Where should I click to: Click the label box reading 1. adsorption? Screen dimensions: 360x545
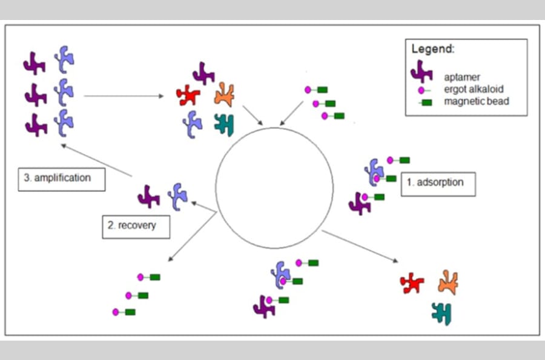pyautogui.click(x=438, y=184)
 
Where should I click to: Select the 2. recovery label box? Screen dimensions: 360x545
pyautogui.click(x=136, y=225)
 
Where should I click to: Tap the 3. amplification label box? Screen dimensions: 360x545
pyautogui.click(x=62, y=178)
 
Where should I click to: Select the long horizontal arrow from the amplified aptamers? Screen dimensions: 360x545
pyautogui.click(x=124, y=96)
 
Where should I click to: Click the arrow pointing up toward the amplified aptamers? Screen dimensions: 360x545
pyautogui.click(x=97, y=161)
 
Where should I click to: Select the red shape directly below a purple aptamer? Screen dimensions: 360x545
pyautogui.click(x=188, y=95)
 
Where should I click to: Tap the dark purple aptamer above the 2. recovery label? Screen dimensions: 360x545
pyautogui.click(x=148, y=196)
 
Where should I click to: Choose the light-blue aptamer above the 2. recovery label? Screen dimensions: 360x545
pyautogui.click(x=177, y=196)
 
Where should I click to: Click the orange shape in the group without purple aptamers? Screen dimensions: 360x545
pyautogui.click(x=448, y=282)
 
